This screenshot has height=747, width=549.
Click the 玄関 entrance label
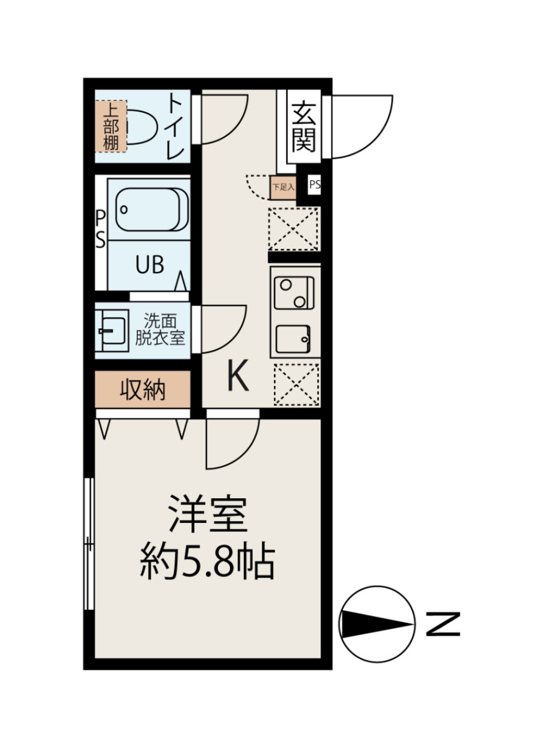point(304,127)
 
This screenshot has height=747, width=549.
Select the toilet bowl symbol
point(142,127)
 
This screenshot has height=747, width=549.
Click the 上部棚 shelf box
point(110,126)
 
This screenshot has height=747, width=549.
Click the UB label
point(150,264)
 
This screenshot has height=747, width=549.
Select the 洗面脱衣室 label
point(160,329)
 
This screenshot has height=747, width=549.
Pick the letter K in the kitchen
point(238,376)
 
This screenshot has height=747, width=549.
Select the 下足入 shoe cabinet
point(283,187)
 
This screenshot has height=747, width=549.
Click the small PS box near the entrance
point(315,185)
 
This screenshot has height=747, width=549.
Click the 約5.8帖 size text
point(208,562)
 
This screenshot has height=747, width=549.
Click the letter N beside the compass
point(443,624)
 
